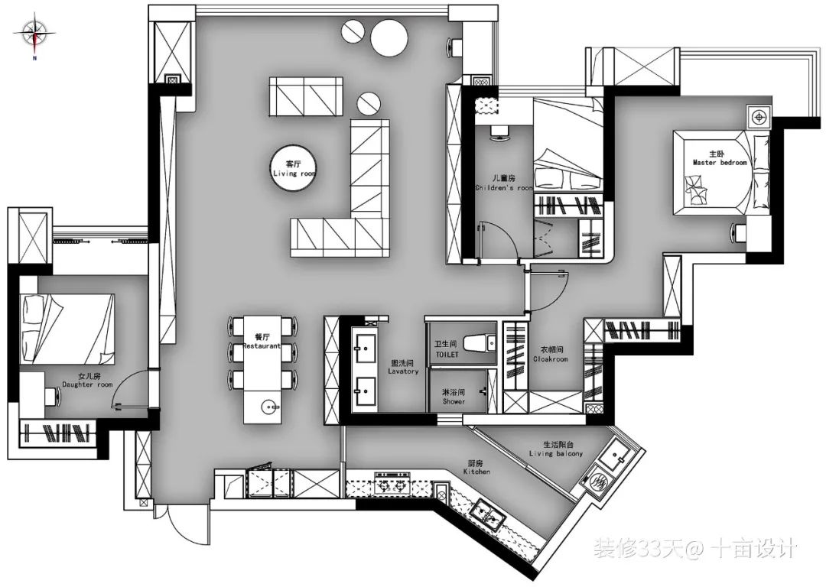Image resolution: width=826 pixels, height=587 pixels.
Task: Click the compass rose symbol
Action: (34, 34)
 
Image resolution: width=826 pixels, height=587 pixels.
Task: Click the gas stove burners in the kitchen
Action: (392, 483)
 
